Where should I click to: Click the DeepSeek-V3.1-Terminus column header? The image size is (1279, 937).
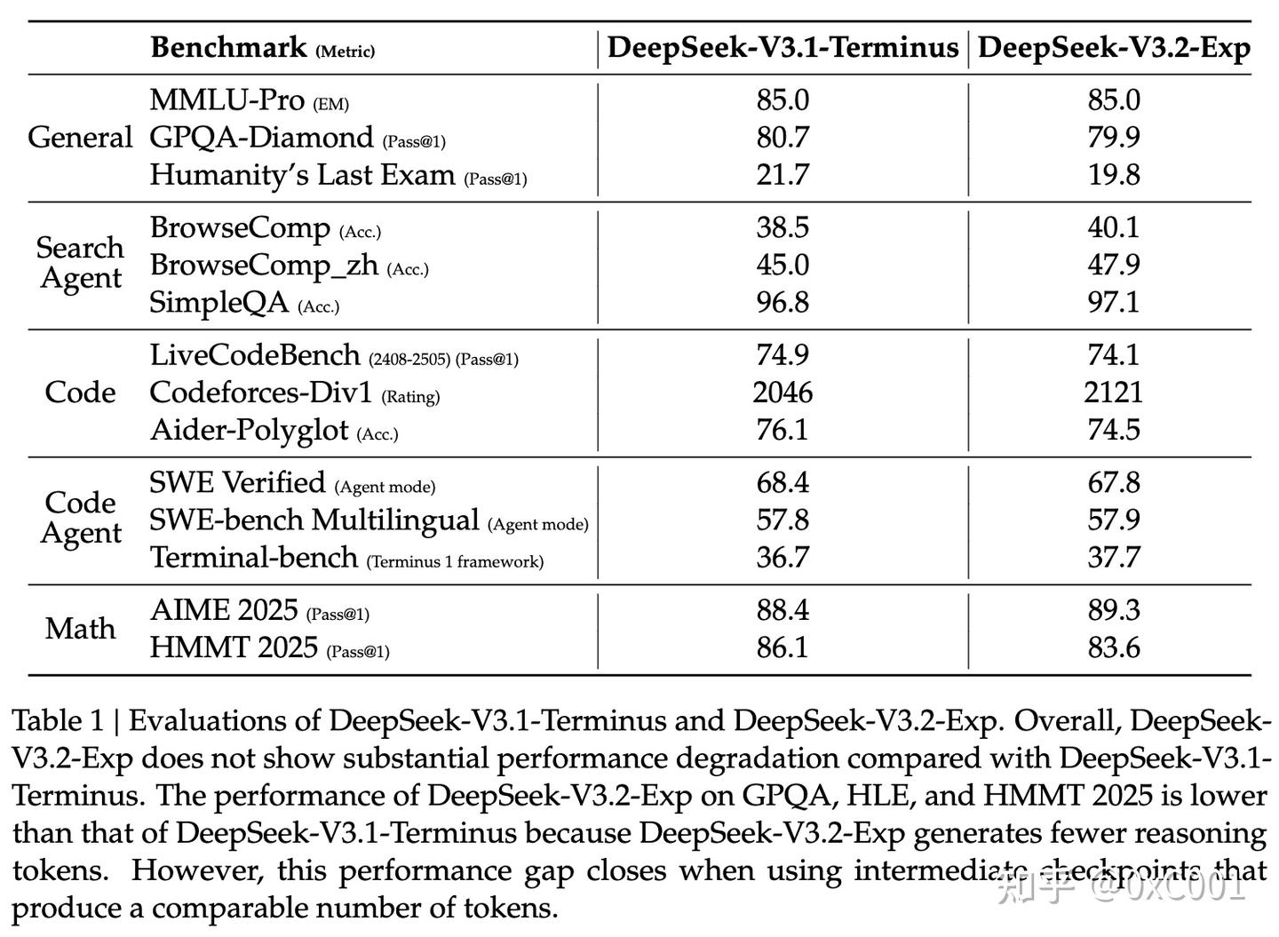[782, 48]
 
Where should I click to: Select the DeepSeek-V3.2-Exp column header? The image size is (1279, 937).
[1114, 48]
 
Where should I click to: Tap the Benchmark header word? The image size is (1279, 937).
[228, 47]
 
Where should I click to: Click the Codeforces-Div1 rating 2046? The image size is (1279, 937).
[782, 393]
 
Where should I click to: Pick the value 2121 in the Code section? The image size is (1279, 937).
[1114, 393]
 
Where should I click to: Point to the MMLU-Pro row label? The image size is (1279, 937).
[226, 100]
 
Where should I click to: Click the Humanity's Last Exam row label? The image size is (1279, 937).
[302, 175]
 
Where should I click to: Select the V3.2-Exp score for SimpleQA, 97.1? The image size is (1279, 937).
[1114, 302]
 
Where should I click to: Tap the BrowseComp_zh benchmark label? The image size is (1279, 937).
[264, 266]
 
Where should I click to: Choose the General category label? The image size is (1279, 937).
[80, 138]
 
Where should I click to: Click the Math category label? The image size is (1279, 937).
[80, 629]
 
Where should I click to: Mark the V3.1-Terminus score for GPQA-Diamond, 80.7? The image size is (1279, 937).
[782, 138]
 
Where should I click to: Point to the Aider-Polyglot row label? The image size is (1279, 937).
[249, 431]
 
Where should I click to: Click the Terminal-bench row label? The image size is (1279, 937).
[253, 558]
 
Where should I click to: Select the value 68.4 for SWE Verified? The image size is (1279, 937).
[782, 483]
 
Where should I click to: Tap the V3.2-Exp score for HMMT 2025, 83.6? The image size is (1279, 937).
[1114, 647]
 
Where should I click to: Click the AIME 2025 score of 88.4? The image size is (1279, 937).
[782, 610]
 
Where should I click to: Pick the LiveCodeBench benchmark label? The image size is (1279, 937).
[255, 355]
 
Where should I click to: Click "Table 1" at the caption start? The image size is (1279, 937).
[53, 720]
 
